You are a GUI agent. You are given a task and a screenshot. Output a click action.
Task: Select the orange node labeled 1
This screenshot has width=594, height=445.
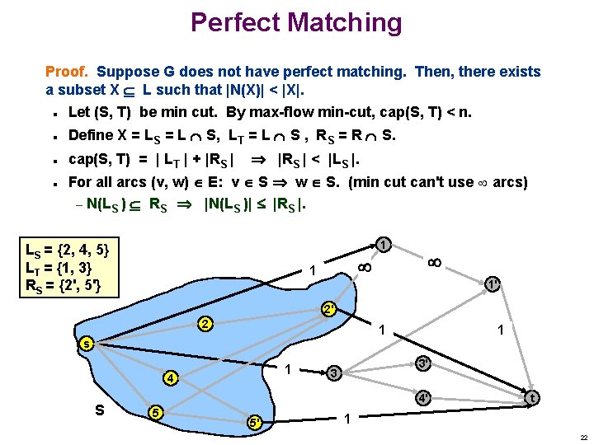pos(384,244)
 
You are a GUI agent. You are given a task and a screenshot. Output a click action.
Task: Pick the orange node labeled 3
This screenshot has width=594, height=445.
pos(332,373)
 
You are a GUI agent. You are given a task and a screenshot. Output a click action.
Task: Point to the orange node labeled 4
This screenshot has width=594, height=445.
pos(169,379)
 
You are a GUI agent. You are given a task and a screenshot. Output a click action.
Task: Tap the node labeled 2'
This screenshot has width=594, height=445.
pos(328,311)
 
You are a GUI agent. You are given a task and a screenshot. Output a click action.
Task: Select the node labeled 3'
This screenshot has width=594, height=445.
pos(421,363)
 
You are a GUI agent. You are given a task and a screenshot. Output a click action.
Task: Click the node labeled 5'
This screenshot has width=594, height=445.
pos(255,424)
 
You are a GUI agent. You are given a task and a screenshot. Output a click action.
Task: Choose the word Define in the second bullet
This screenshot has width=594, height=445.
pos(92,134)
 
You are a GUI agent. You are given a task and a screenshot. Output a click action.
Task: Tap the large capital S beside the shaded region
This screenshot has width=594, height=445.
pos(100,407)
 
